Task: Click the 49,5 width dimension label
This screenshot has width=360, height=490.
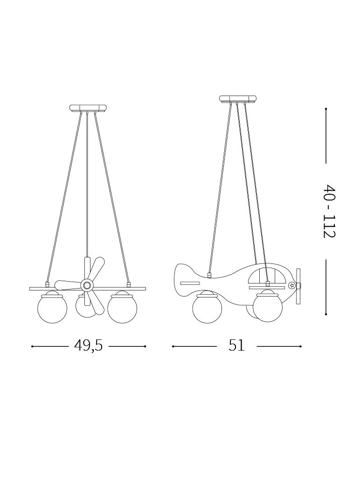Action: (89, 345)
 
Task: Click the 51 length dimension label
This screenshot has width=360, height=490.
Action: (236, 345)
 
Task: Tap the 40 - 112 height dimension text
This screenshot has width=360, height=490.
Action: (329, 211)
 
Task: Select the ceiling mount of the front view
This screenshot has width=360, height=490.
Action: (88, 109)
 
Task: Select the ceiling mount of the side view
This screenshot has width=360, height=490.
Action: (238, 99)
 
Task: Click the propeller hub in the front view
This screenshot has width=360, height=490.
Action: (87, 285)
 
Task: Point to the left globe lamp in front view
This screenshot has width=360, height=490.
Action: (52, 308)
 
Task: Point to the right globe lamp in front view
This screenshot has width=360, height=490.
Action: (122, 308)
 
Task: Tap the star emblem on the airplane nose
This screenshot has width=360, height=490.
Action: (291, 285)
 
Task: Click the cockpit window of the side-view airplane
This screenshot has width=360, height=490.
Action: (267, 276)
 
